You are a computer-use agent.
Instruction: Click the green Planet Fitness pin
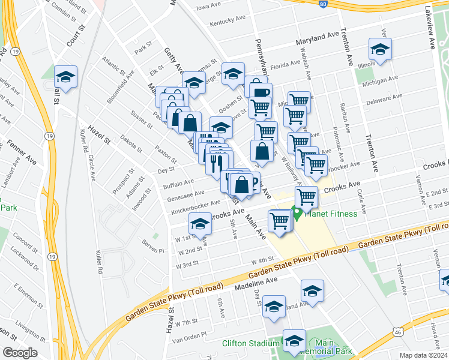tap(297, 213)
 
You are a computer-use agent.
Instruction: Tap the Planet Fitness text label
tap(331, 214)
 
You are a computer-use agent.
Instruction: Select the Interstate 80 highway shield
tap(322, 3)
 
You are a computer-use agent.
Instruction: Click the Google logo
tap(20, 353)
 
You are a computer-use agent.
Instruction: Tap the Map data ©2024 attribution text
tap(423, 355)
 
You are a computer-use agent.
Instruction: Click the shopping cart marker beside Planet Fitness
tap(306, 196)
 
